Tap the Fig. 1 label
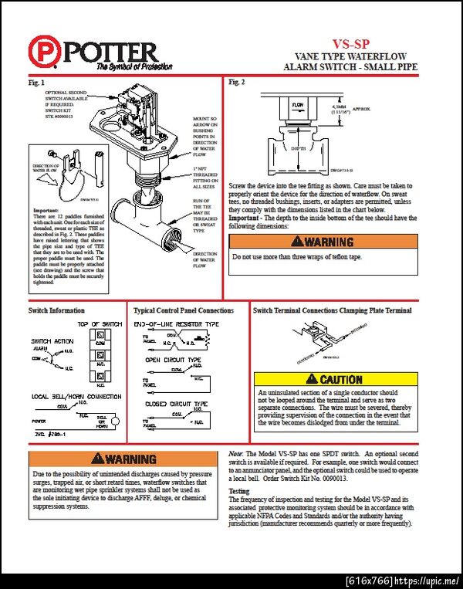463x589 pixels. pos(37,83)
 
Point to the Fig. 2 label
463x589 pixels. pos(238,83)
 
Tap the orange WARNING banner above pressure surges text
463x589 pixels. pos(124,459)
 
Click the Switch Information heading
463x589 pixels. pos(57,310)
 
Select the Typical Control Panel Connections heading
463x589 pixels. pos(184,310)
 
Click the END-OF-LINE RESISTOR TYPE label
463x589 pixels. pos(177,324)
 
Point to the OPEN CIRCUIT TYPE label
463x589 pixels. pos(174,361)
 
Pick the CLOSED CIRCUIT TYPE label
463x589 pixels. pos(177,404)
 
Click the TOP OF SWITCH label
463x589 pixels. pos(100,323)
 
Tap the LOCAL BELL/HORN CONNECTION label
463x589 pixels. pos(76,396)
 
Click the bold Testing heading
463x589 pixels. pos(241,491)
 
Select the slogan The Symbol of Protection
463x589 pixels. pos(127,68)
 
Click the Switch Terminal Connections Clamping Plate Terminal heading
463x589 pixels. pos(333,310)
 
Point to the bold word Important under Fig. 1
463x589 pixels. pos(46,210)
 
